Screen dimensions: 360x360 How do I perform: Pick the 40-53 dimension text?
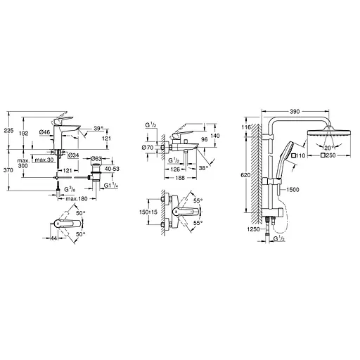(111, 169)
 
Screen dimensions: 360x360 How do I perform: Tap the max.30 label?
(44, 160)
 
